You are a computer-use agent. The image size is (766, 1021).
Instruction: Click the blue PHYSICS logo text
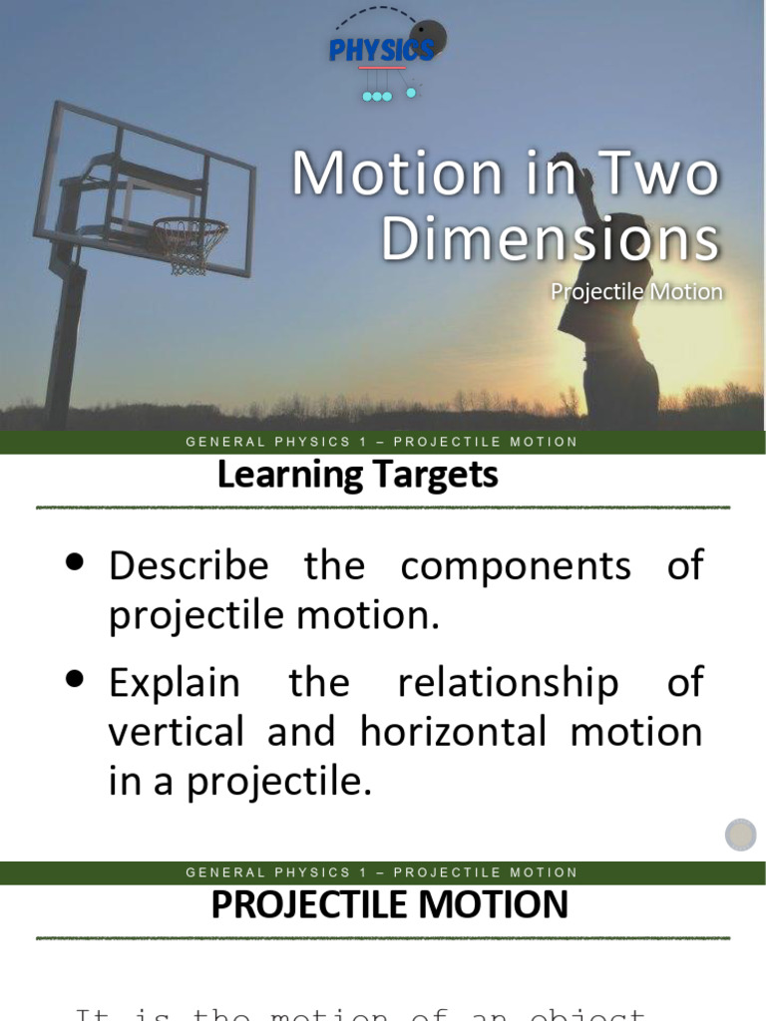point(381,50)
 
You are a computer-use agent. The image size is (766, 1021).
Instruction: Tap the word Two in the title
point(656,175)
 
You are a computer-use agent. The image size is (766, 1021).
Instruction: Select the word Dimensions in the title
point(550,239)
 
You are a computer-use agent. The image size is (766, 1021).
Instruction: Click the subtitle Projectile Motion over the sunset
point(636,292)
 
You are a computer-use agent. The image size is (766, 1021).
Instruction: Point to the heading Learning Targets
point(357,475)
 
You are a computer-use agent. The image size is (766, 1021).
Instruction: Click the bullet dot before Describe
point(74,562)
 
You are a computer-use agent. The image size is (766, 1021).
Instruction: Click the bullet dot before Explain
point(74,679)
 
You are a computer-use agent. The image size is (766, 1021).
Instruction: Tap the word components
point(516,566)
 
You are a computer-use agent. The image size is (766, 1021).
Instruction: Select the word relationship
point(507,683)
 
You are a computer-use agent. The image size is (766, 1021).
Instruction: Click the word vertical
point(176,733)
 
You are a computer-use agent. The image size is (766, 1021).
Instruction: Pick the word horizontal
point(455,733)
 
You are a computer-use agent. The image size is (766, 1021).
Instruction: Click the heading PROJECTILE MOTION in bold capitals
point(389,905)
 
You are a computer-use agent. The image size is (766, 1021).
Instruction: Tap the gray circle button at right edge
point(740,834)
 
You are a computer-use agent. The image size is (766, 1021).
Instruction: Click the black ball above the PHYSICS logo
point(428,38)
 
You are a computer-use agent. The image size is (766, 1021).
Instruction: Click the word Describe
point(189,566)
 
